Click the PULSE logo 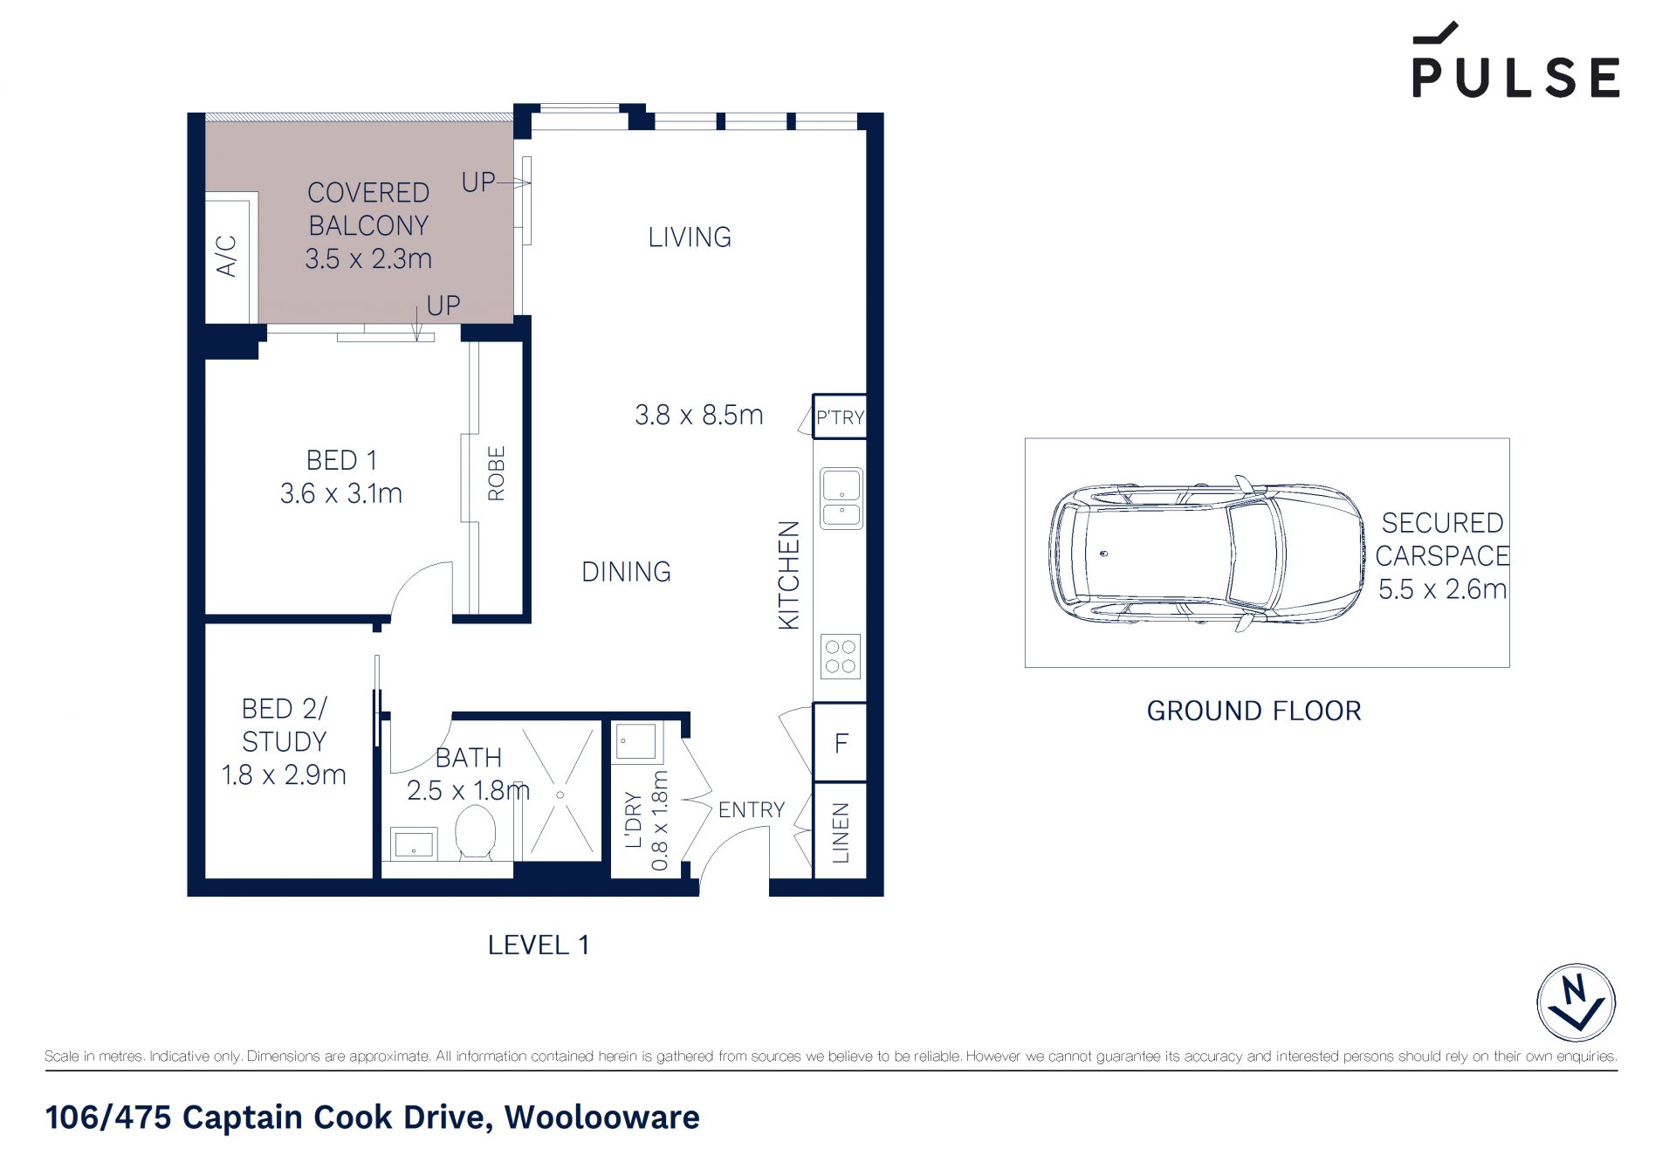click(1516, 60)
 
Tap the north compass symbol click(1576, 1002)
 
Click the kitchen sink click(841, 498)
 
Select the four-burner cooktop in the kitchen click(841, 657)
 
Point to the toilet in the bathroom click(476, 832)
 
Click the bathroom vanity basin click(414, 844)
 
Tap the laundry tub click(637, 742)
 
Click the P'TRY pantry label click(840, 417)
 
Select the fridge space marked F click(841, 743)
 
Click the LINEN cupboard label click(841, 833)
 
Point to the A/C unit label click(226, 255)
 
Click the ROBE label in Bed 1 click(496, 473)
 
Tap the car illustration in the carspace click(1206, 554)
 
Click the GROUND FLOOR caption click(1254, 711)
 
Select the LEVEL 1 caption click(538, 945)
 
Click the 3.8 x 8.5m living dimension click(699, 415)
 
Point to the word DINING click(626, 572)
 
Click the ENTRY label click(752, 810)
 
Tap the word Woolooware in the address click(602, 1118)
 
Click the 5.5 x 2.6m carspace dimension click(1443, 589)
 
